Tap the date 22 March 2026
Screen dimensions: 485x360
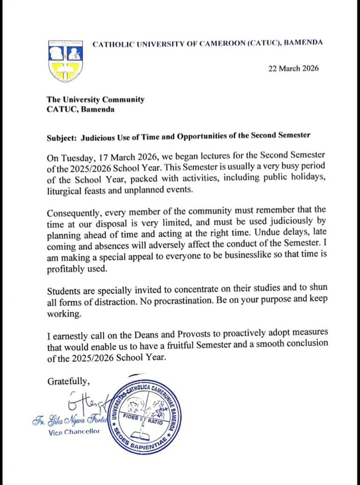(x=293, y=68)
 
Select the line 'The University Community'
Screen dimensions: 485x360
(x=95, y=99)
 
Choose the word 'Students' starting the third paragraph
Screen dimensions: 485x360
(x=62, y=290)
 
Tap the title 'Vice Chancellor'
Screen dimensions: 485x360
(x=74, y=432)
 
